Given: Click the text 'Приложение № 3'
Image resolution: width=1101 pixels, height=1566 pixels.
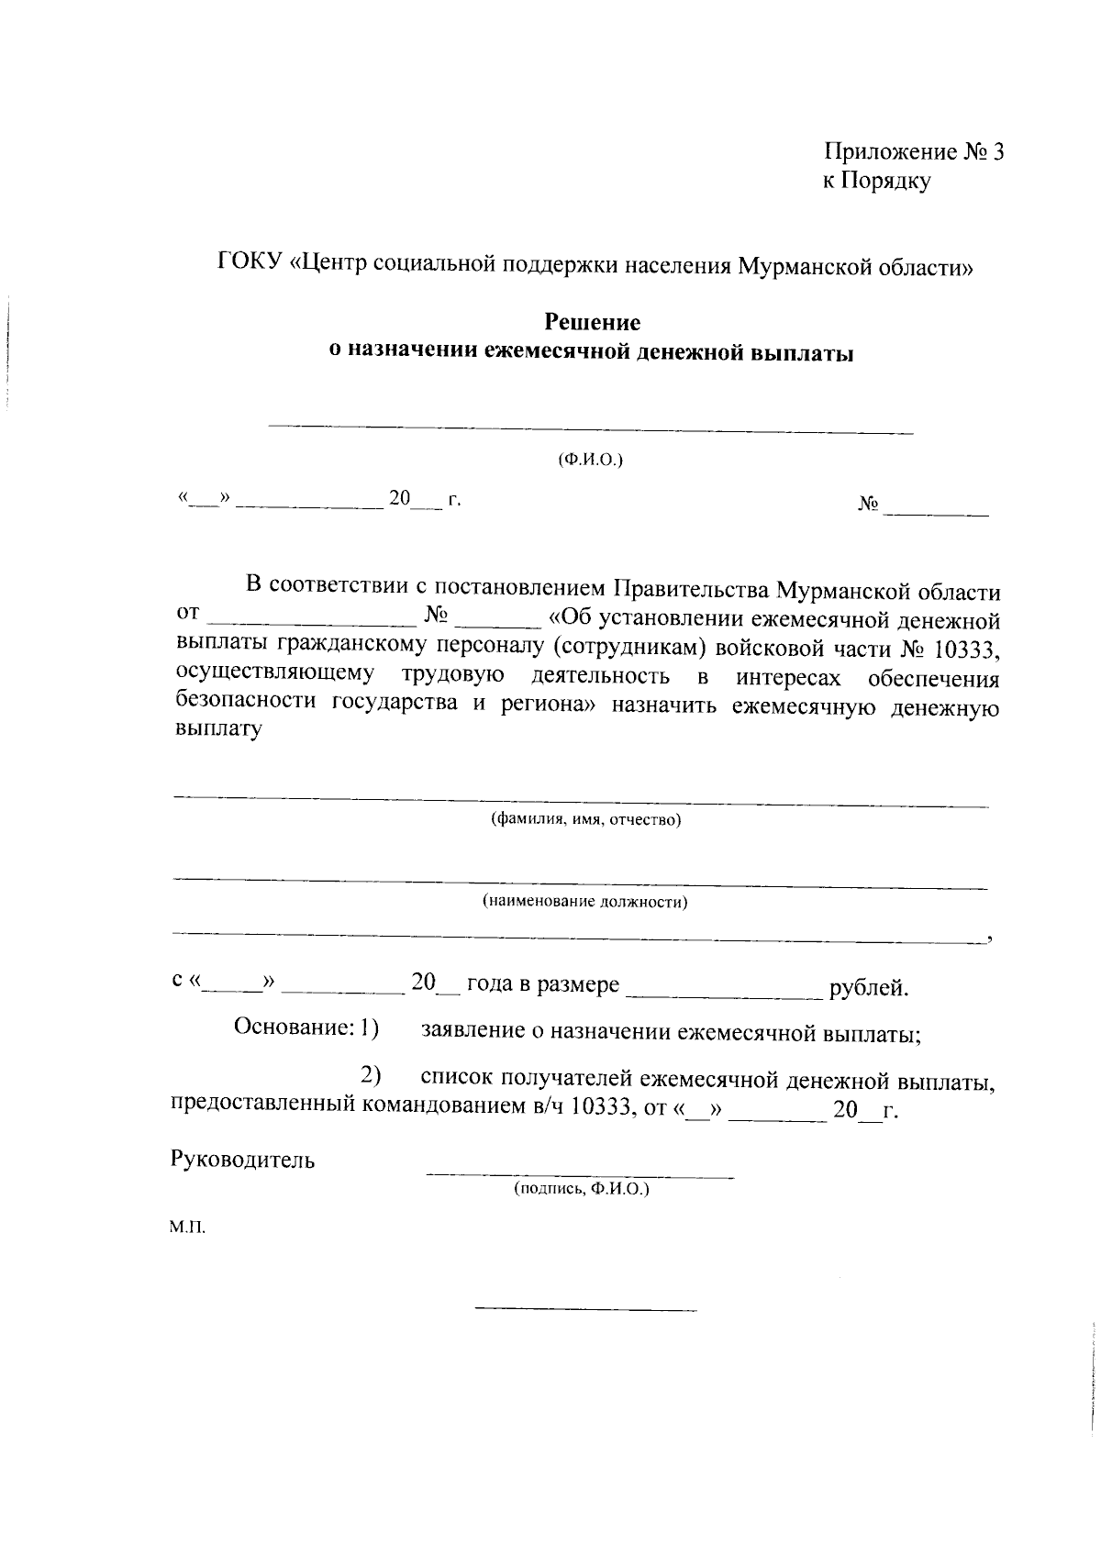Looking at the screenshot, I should [914, 151].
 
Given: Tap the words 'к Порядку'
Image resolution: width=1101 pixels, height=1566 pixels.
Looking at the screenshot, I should [875, 181].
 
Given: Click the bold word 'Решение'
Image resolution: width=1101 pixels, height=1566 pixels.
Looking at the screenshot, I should [593, 322].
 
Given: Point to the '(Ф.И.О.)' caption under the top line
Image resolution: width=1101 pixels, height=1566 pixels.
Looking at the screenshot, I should [591, 459].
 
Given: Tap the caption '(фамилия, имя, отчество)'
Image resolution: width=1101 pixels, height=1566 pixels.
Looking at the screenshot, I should [585, 819].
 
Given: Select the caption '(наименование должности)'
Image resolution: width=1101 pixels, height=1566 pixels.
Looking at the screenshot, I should [585, 902].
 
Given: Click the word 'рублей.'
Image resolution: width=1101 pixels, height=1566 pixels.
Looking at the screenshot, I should [868, 988].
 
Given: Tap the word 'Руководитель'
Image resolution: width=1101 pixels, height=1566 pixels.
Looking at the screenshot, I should [243, 1160].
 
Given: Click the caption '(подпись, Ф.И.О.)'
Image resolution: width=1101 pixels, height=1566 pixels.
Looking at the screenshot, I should [581, 1189].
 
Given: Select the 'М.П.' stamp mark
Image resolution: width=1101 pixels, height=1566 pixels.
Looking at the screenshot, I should [187, 1227].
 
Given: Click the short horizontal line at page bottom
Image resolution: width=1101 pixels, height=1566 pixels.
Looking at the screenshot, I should [585, 1308].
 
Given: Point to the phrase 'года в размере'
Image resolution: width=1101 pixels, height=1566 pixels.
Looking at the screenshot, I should [543, 985].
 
